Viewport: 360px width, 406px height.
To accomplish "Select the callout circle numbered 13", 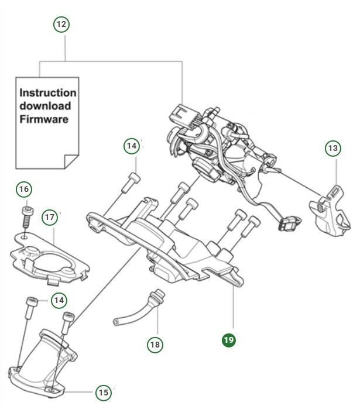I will tap(332, 148).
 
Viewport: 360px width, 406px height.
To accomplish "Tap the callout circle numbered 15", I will tap(102, 392).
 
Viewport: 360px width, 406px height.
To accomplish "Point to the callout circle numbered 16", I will tap(23, 190).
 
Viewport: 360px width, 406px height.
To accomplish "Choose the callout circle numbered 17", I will tap(50, 217).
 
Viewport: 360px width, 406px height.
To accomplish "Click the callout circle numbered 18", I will tap(155, 345).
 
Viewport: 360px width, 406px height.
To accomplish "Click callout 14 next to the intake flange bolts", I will tap(58, 301).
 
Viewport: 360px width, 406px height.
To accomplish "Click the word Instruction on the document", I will tap(47, 93).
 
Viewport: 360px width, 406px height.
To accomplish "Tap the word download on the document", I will tap(45, 106).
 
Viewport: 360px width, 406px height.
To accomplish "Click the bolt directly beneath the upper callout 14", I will tap(132, 184).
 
